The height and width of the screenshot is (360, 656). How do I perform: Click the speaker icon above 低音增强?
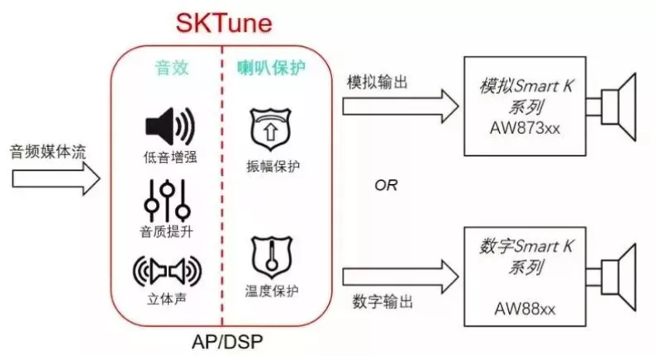pyautogui.click(x=169, y=126)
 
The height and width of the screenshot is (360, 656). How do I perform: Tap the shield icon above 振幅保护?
pyautogui.click(x=272, y=129)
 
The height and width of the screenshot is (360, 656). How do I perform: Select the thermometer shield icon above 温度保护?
pyautogui.click(x=272, y=257)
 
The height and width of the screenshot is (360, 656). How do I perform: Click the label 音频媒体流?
pyautogui.click(x=47, y=151)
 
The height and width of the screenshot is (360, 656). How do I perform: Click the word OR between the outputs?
pyautogui.click(x=386, y=185)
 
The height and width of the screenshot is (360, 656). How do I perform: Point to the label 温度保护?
pyautogui.click(x=272, y=291)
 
